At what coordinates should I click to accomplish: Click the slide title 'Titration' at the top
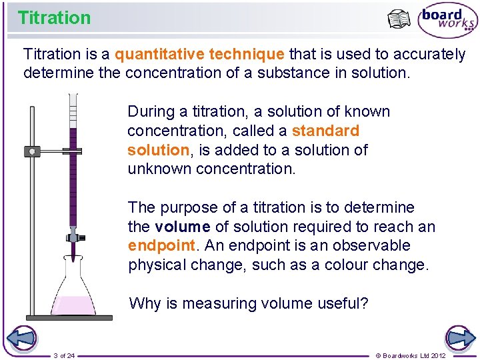pyautogui.click(x=54, y=18)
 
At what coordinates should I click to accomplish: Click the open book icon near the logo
pyautogui.click(x=399, y=19)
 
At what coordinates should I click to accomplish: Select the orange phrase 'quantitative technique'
pyautogui.click(x=200, y=54)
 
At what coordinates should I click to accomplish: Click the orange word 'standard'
pyautogui.click(x=325, y=131)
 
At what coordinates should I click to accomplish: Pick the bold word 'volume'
pyautogui.click(x=183, y=227)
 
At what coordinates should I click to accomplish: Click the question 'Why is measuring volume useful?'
pyautogui.click(x=248, y=303)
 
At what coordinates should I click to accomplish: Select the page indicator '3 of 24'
pyautogui.click(x=64, y=355)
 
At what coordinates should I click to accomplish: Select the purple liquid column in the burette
pyautogui.click(x=73, y=173)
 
